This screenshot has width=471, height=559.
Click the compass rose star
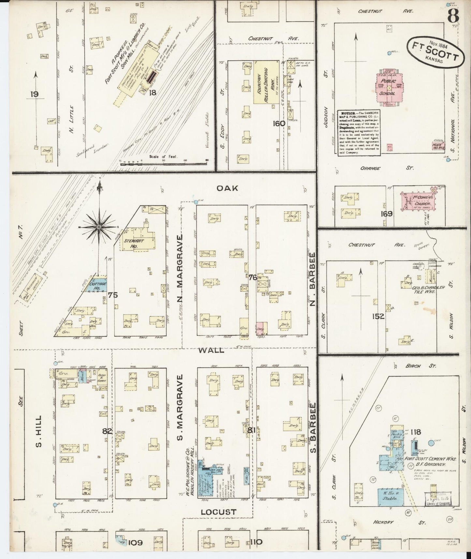click(x=99, y=226)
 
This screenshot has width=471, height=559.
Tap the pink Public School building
click(x=389, y=86)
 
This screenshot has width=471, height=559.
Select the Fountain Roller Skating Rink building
click(x=266, y=82)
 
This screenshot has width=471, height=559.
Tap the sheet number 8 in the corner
click(x=453, y=15)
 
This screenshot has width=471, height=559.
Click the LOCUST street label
click(x=218, y=512)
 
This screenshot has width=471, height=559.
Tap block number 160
click(x=279, y=124)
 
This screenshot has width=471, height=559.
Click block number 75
click(x=113, y=295)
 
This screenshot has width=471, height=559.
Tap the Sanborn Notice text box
click(x=359, y=132)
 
